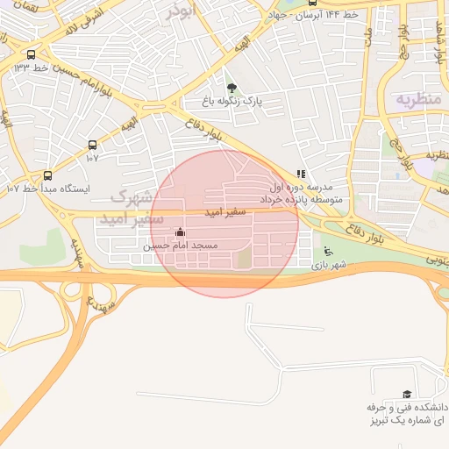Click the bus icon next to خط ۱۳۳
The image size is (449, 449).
point(32,54)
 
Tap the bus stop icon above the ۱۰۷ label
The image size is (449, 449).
point(92,146)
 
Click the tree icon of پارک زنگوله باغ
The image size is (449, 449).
point(232,88)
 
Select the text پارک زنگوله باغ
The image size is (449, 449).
point(232,102)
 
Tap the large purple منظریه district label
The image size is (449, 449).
point(413,97)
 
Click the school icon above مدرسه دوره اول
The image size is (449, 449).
point(302,175)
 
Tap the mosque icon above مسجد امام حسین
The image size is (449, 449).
point(181,232)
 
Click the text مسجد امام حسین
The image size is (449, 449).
point(180,246)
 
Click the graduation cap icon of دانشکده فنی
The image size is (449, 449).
point(406,396)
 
